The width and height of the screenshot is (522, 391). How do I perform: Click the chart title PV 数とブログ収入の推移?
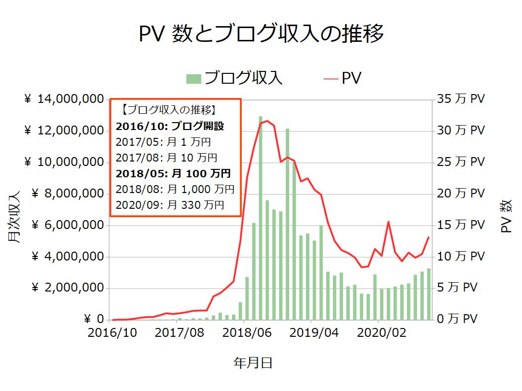261,34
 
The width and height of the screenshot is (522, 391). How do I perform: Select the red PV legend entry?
343,78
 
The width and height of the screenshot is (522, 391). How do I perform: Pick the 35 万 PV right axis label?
460,99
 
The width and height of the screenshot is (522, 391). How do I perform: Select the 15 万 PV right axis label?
460,226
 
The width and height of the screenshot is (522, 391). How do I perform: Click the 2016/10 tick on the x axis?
112,333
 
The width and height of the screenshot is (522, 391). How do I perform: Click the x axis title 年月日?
253,363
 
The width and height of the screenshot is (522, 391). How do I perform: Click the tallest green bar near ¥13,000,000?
260,217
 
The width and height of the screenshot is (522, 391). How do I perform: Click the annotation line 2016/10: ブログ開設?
170,127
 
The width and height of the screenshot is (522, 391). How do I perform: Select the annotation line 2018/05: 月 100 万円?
173,173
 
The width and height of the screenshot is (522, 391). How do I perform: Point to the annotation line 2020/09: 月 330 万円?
170,205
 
